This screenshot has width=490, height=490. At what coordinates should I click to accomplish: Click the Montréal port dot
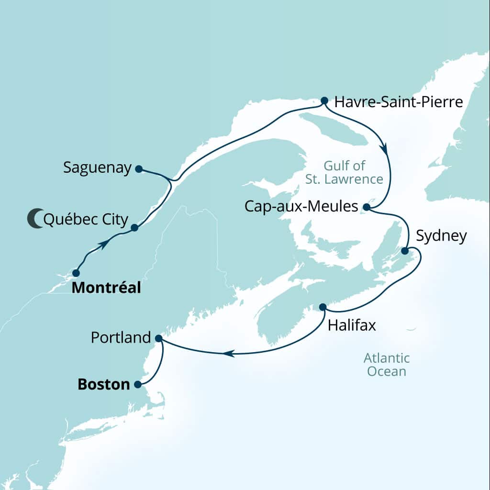tap(76, 273)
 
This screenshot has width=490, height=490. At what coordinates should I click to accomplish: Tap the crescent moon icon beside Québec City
tap(34, 218)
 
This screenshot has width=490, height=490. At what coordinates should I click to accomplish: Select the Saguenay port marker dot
tap(138, 168)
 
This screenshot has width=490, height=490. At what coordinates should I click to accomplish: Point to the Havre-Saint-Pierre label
tap(399, 102)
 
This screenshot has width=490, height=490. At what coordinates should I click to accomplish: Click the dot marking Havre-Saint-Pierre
tap(324, 100)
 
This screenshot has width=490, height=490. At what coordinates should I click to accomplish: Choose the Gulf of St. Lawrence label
tap(353, 172)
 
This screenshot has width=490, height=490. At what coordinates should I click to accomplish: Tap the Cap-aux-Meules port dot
tap(366, 207)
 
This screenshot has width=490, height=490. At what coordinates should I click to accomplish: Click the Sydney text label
tap(441, 236)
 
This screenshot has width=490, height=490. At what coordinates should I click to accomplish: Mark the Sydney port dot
tap(404, 251)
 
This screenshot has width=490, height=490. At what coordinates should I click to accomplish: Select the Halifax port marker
tap(323, 307)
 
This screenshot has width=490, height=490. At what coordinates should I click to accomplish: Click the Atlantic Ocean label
tap(386, 364)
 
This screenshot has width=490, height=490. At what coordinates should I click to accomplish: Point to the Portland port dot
tap(159, 338)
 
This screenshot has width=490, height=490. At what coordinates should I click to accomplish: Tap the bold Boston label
tap(103, 384)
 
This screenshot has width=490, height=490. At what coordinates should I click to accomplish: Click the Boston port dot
tap(138, 384)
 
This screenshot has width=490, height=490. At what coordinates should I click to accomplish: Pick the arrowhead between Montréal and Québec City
tap(102, 245)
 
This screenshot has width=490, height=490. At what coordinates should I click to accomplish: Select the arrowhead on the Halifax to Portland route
tap(229, 354)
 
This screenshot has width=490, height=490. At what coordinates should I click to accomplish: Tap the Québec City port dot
tap(134, 228)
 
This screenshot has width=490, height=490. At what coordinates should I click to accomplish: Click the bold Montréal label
tap(106, 288)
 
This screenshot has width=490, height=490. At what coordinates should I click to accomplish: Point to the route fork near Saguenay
tap(172, 180)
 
